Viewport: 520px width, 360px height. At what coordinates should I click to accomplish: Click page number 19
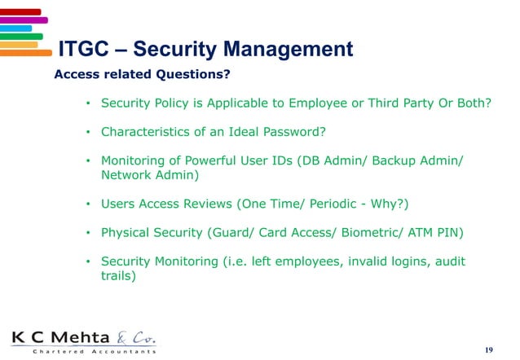click(x=488, y=349)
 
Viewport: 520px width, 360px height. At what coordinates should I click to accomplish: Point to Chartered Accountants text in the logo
click(x=85, y=352)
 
